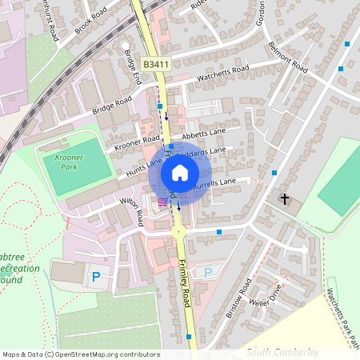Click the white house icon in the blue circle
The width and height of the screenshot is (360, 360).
pyautogui.click(x=180, y=172)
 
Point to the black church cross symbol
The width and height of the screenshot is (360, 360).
pyautogui.click(x=284, y=198)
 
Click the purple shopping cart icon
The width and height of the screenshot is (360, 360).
pyautogui.click(x=162, y=202)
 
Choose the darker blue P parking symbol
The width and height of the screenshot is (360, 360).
pyautogui.click(x=96, y=277)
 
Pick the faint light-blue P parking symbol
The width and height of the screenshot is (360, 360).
pyautogui.click(x=208, y=273)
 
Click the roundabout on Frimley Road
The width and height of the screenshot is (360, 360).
pyautogui.click(x=178, y=231)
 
